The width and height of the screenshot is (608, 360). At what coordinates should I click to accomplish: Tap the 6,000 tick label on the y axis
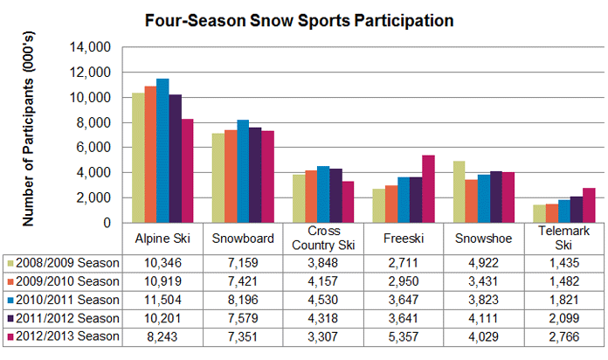[x=93, y=148]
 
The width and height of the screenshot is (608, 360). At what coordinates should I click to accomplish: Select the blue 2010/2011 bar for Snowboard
[x=243, y=171]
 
